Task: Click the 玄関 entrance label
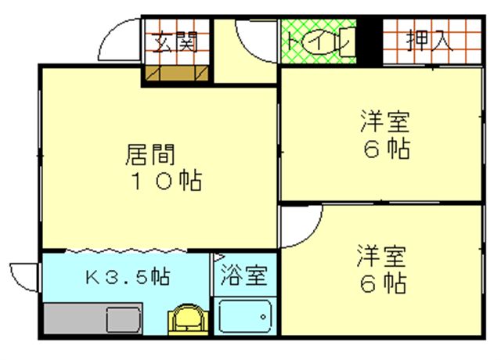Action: pyautogui.click(x=175, y=41)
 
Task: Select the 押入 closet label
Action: pyautogui.click(x=430, y=40)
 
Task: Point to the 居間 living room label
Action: pyautogui.click(x=150, y=155)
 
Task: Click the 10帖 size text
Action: pyautogui.click(x=167, y=181)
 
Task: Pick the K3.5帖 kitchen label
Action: pyautogui.click(x=128, y=276)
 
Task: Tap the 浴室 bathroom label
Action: pyautogui.click(x=243, y=275)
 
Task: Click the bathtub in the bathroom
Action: pyautogui.click(x=245, y=315)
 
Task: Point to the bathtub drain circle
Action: pyautogui.click(x=263, y=317)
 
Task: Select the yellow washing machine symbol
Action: pyautogui.click(x=188, y=319)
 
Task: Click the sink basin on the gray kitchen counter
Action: pyautogui.click(x=124, y=319)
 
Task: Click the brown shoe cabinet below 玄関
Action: pyautogui.click(x=177, y=73)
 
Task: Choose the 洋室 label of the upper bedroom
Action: pyautogui.click(x=385, y=121)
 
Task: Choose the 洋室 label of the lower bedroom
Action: pyautogui.click(x=381, y=256)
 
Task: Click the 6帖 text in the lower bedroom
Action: pyautogui.click(x=384, y=283)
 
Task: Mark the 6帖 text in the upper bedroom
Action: pyautogui.click(x=387, y=148)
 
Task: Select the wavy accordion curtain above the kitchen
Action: pyautogui.click(x=126, y=250)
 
